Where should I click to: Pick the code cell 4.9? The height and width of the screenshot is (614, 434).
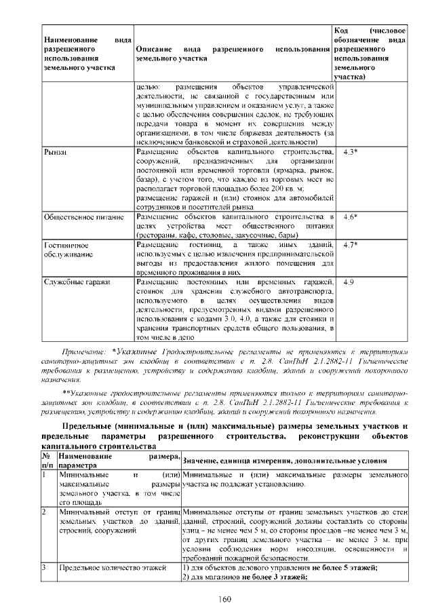[349, 282]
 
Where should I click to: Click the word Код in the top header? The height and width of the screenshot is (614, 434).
[343, 31]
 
